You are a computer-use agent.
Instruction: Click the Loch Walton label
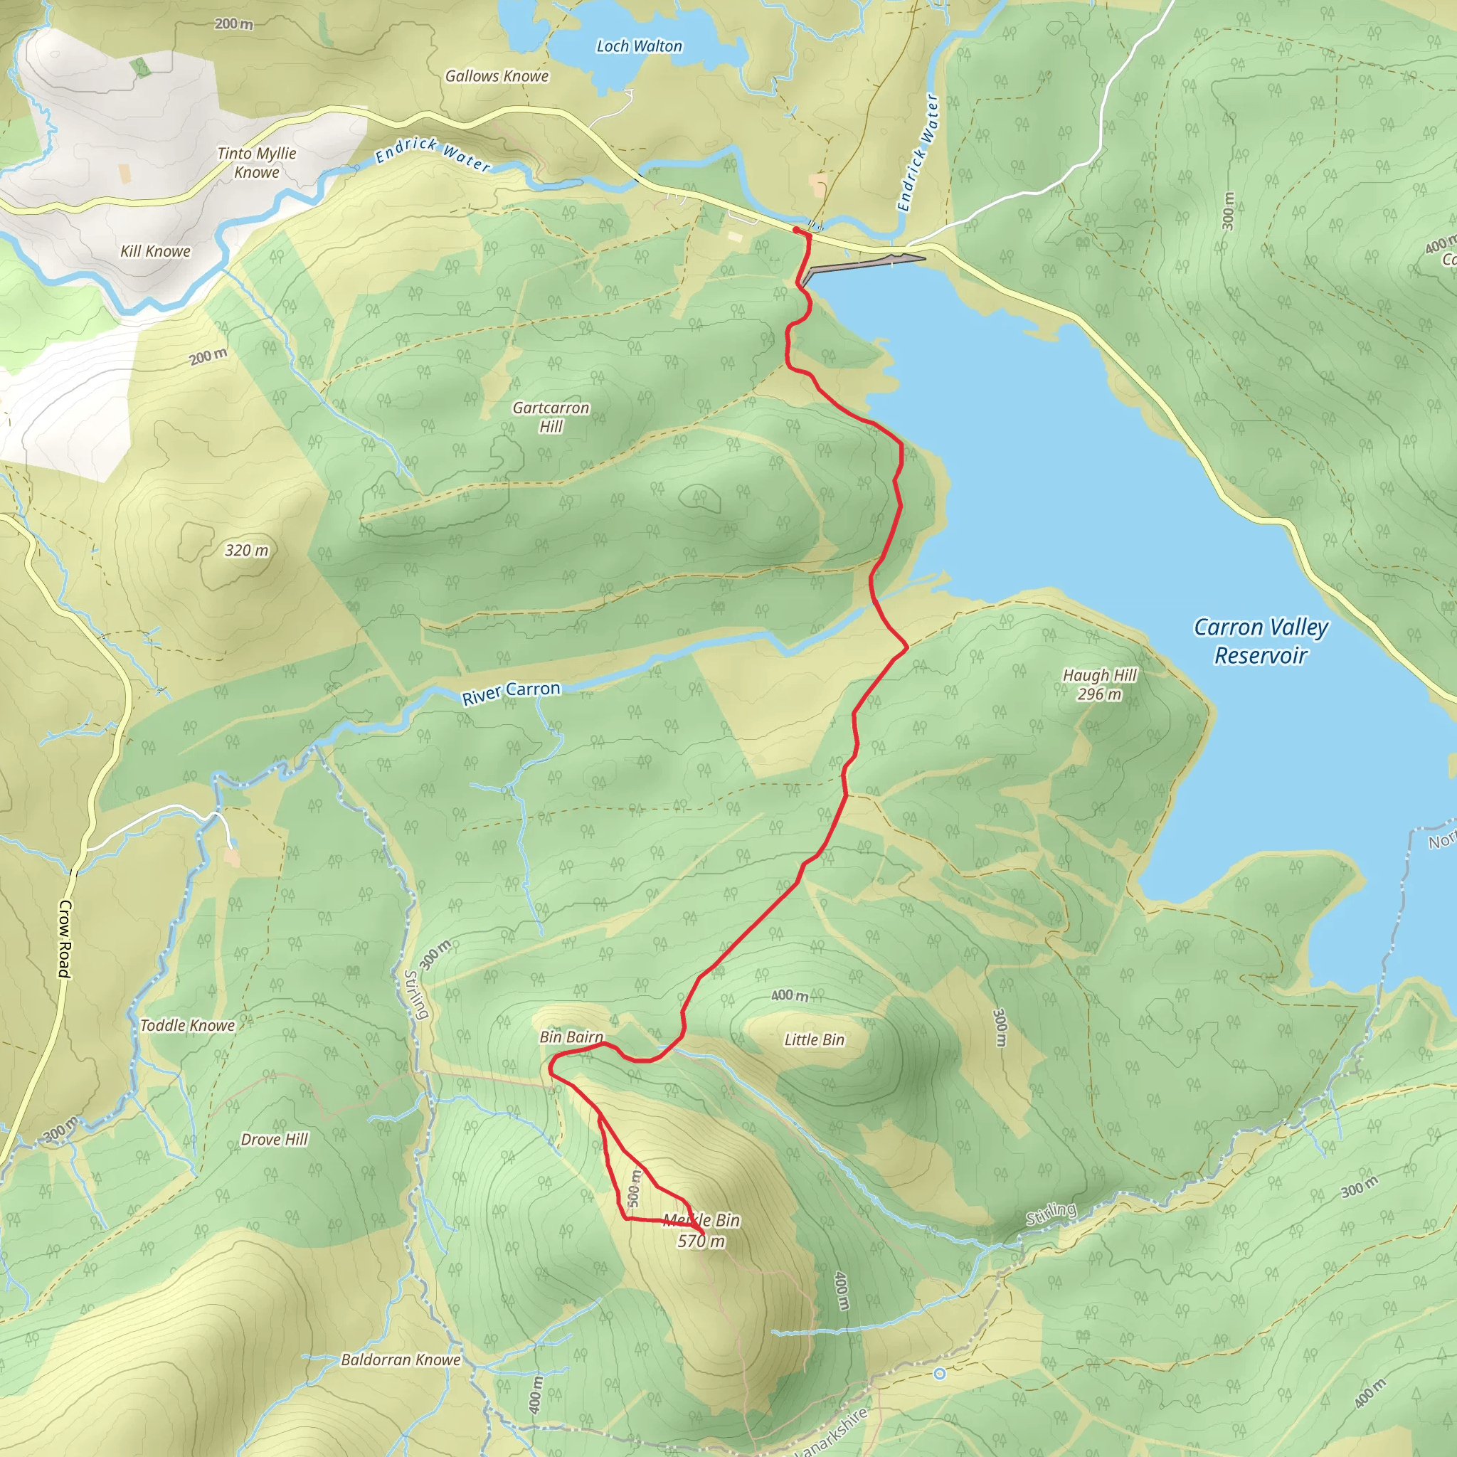[639, 46]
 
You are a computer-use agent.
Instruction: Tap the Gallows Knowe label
[497, 76]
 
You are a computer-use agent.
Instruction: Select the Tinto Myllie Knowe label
[256, 162]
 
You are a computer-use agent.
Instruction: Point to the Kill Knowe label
[155, 251]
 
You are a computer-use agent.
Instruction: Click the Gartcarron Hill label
[551, 416]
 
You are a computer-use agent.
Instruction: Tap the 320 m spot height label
[247, 550]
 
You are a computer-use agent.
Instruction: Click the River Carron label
[512, 692]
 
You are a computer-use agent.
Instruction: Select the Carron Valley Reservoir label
[1260, 641]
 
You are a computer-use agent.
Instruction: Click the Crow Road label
[65, 939]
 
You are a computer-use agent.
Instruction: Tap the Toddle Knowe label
[187, 1025]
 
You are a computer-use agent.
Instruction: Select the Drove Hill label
[274, 1139]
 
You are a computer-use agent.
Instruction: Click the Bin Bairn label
[571, 1037]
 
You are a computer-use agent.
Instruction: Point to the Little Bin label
[814, 1039]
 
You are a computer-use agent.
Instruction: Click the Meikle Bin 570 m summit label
[701, 1231]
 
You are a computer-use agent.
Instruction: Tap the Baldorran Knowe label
[401, 1360]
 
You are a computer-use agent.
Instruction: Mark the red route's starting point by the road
[796, 228]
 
